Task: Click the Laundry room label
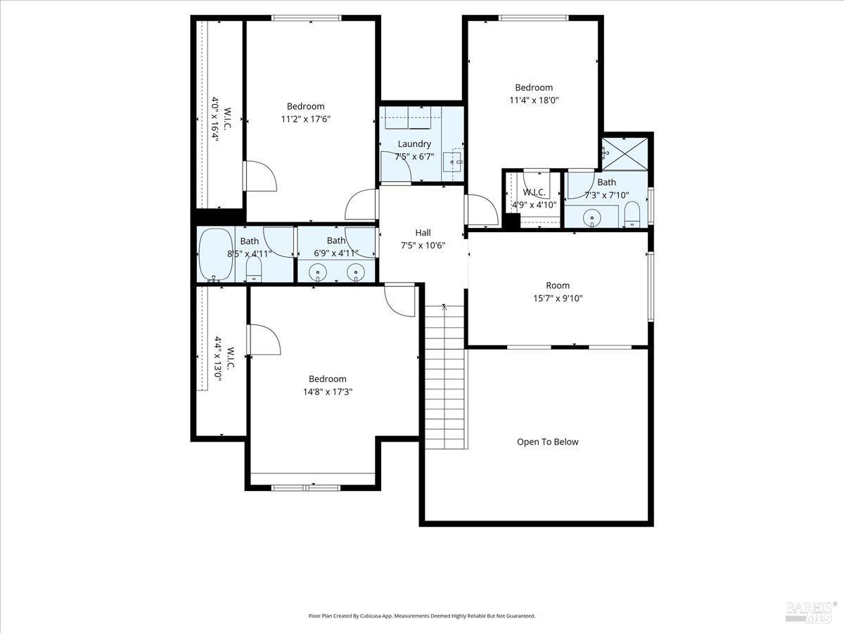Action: click(414, 144)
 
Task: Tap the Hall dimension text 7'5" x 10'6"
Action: click(423, 245)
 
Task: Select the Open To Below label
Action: click(547, 442)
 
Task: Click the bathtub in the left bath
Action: click(215, 255)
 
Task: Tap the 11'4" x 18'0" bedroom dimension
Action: click(534, 101)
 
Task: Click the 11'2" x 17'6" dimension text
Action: click(305, 120)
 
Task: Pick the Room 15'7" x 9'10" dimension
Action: click(558, 298)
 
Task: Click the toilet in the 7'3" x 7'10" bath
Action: click(632, 215)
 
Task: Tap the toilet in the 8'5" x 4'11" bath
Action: click(253, 267)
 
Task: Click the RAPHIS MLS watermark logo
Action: click(811, 612)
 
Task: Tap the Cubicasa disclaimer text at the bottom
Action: click(422, 615)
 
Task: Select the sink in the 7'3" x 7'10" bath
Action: click(592, 217)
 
